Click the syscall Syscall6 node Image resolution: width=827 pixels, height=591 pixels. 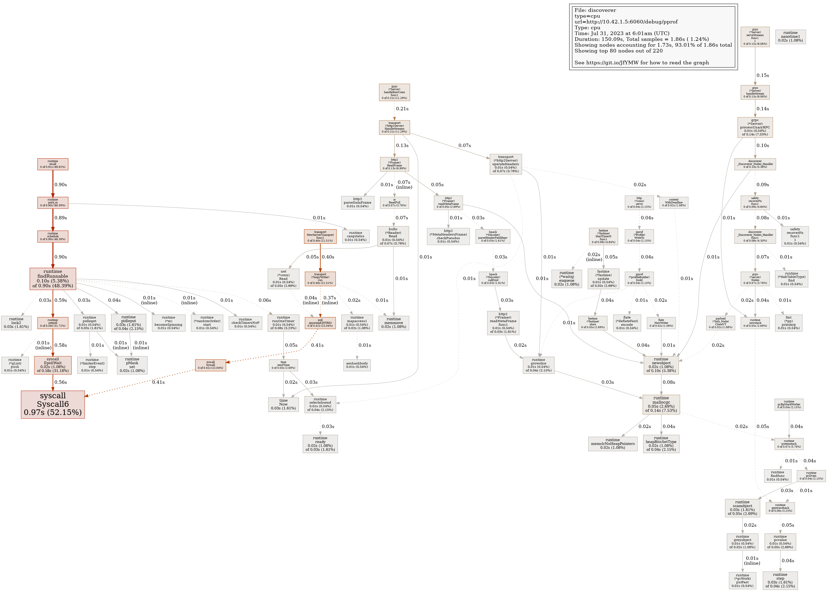tap(53, 404)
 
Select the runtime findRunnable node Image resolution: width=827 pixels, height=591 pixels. tap(53, 279)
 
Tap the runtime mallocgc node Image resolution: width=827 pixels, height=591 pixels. tap(661, 404)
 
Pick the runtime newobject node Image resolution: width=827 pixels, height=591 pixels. tap(661, 365)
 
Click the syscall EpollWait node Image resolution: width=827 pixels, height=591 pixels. tap(53, 365)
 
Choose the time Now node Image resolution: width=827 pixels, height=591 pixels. tap(283, 404)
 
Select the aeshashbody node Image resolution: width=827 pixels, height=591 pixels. tap(357, 365)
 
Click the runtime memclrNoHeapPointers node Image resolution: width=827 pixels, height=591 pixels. tap(613, 444)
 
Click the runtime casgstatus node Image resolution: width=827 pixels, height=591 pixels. tap(355, 236)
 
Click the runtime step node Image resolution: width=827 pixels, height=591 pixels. tap(780, 580)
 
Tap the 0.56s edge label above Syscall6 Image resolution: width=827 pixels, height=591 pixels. tap(60, 382)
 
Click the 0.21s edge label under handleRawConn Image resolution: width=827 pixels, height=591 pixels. tap(402, 109)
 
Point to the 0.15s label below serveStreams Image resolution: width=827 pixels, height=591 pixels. tap(763, 75)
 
